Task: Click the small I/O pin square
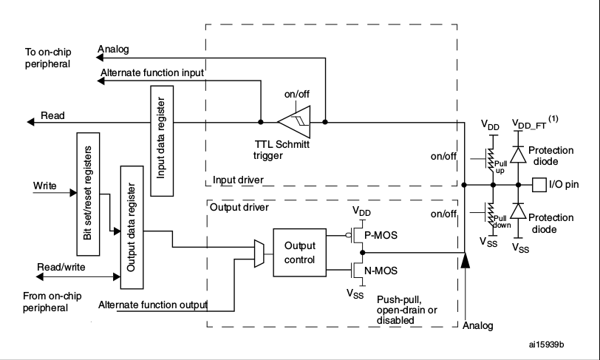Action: pos(540,184)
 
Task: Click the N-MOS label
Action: pos(382,270)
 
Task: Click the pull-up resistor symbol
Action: pos(488,157)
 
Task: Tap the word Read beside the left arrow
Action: pos(52,116)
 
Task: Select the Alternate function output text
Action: pos(153,305)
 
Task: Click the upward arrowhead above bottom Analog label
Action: pos(464,260)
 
